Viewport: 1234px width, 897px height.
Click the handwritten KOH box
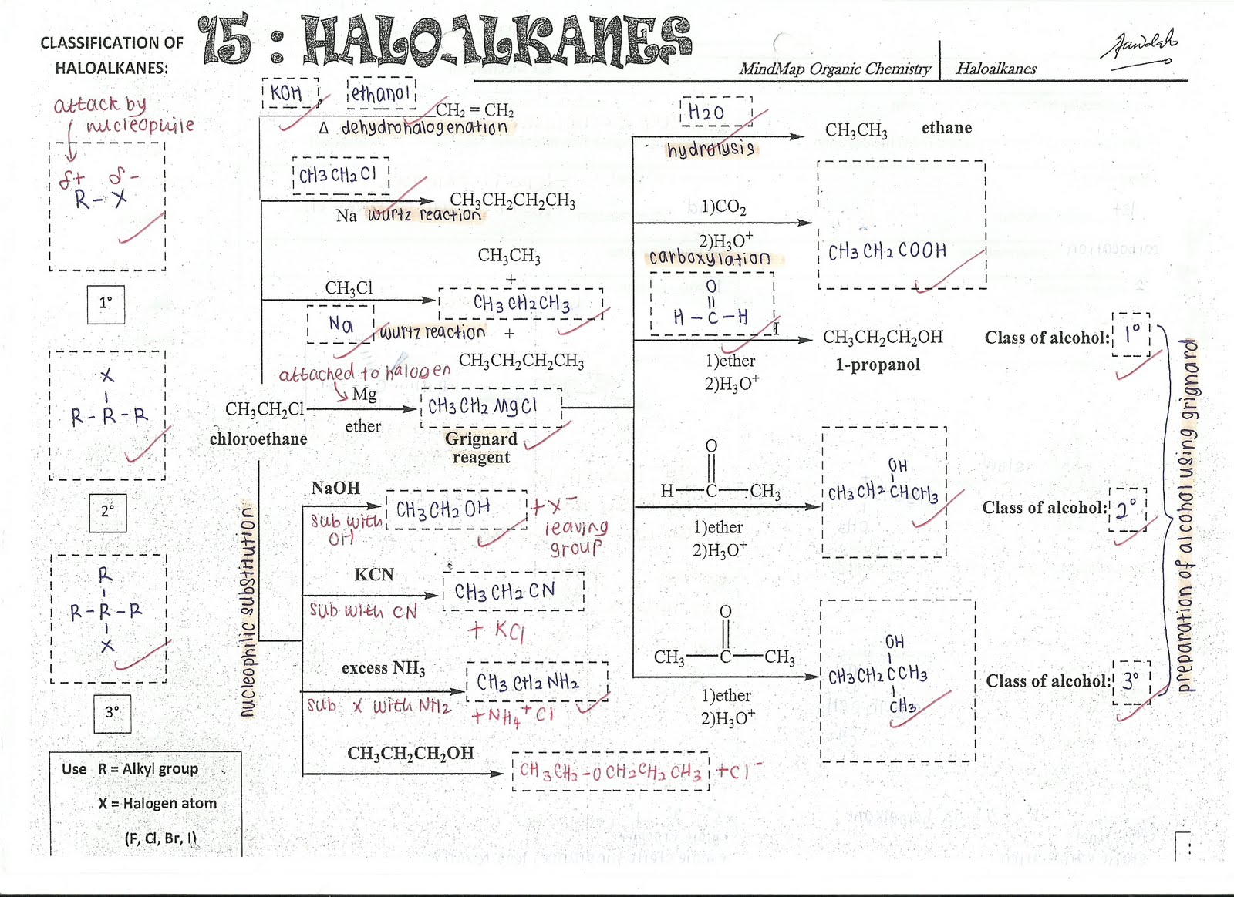point(287,93)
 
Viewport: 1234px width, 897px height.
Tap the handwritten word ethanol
point(381,93)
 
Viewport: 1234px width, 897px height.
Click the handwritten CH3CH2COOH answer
point(887,251)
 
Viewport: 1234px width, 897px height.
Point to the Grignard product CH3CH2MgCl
point(483,406)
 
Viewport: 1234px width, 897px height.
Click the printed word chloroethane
point(258,439)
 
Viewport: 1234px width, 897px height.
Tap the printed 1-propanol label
point(878,365)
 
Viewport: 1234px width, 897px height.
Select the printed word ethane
point(946,128)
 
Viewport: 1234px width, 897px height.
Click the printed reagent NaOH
point(335,488)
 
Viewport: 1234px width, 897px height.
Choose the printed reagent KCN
point(374,575)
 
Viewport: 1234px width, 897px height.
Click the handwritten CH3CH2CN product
point(504,592)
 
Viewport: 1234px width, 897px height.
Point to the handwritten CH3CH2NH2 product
point(528,682)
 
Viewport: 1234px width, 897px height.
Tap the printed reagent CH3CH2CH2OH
point(410,753)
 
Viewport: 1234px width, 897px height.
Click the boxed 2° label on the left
point(107,511)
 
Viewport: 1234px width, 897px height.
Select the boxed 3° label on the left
point(113,713)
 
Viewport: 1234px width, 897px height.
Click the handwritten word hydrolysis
point(710,149)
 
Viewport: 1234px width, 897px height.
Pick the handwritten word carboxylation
point(710,257)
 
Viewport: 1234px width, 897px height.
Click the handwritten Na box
point(341,324)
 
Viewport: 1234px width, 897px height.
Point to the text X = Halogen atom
point(157,803)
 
